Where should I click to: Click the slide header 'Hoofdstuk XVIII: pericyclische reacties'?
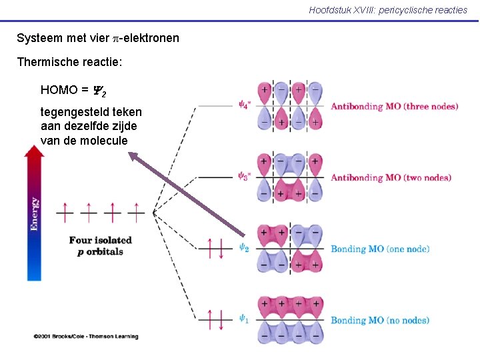pyautogui.click(x=388, y=10)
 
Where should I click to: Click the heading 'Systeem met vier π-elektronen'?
pyautogui.click(x=98, y=38)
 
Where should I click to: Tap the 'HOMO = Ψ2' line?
pyautogui.click(x=74, y=91)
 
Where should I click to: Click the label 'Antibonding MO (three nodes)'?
pyautogui.click(x=394, y=106)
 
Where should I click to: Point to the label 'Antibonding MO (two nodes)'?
pyautogui.click(x=391, y=177)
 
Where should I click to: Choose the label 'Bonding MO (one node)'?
pyautogui.click(x=380, y=249)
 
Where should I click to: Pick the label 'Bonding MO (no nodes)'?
pyautogui.click(x=380, y=320)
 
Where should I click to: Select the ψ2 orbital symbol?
pyautogui.click(x=244, y=248)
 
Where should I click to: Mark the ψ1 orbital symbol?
pyautogui.click(x=244, y=319)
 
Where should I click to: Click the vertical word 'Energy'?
pyautogui.click(x=34, y=213)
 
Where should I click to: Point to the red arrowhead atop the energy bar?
pyautogui.click(x=34, y=153)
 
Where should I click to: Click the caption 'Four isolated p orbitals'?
pyautogui.click(x=100, y=245)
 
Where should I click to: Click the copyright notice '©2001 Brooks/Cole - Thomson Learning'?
pyautogui.click(x=86, y=337)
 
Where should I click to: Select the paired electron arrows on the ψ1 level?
pyautogui.click(x=217, y=319)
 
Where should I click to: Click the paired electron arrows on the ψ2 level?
pyautogui.click(x=217, y=248)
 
